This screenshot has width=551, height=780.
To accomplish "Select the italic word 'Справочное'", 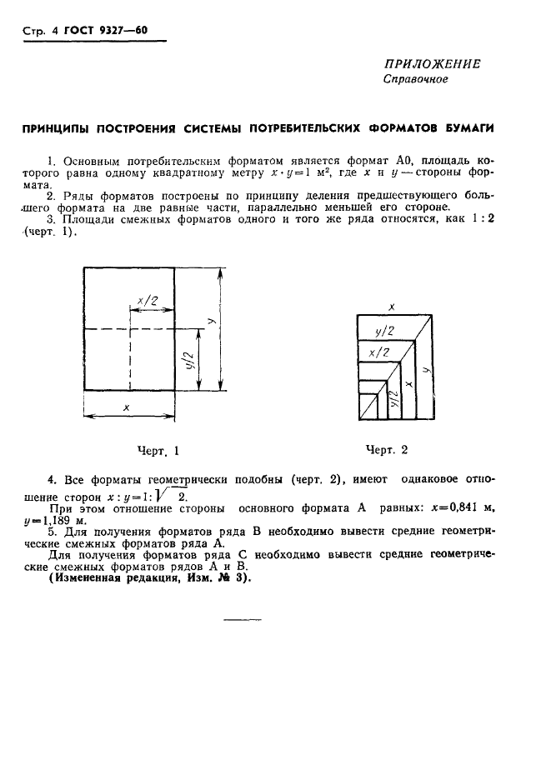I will [415, 80].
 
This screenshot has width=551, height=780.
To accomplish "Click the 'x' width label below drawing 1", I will [126, 407].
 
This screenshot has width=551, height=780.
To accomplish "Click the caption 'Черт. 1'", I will [158, 451].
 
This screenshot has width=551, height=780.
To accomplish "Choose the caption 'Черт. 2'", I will [387, 450].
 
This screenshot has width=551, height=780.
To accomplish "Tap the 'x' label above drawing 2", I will [392, 307].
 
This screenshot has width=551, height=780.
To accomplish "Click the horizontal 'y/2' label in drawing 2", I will [384, 331].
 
